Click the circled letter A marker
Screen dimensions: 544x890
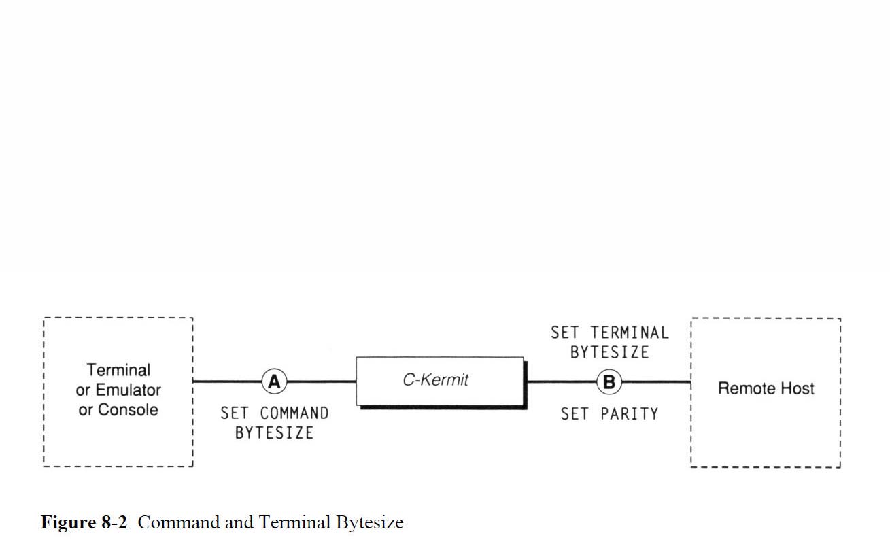274,382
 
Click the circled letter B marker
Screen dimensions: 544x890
609,382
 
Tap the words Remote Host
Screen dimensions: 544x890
766,388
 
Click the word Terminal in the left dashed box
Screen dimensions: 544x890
118,370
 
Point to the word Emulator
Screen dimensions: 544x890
128,390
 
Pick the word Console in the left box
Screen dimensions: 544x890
128,410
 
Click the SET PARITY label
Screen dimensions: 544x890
609,413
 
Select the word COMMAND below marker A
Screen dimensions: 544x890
294,413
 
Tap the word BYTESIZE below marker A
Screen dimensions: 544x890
274,432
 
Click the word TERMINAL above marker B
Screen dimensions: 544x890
630,333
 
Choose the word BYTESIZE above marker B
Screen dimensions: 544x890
609,352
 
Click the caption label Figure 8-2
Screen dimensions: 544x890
84,522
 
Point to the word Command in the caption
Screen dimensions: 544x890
180,522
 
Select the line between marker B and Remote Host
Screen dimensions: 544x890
656,382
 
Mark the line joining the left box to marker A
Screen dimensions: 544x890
227,382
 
